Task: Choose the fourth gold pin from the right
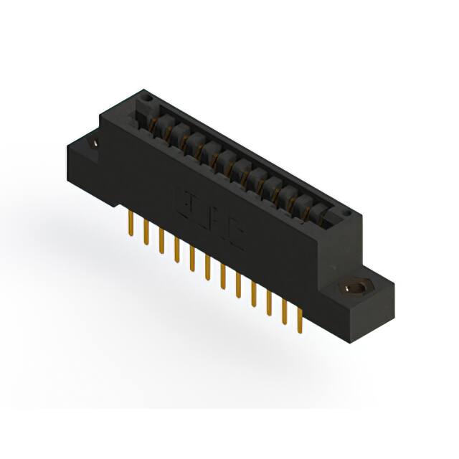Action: (x=254, y=295)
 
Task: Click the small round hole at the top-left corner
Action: (x=147, y=95)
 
